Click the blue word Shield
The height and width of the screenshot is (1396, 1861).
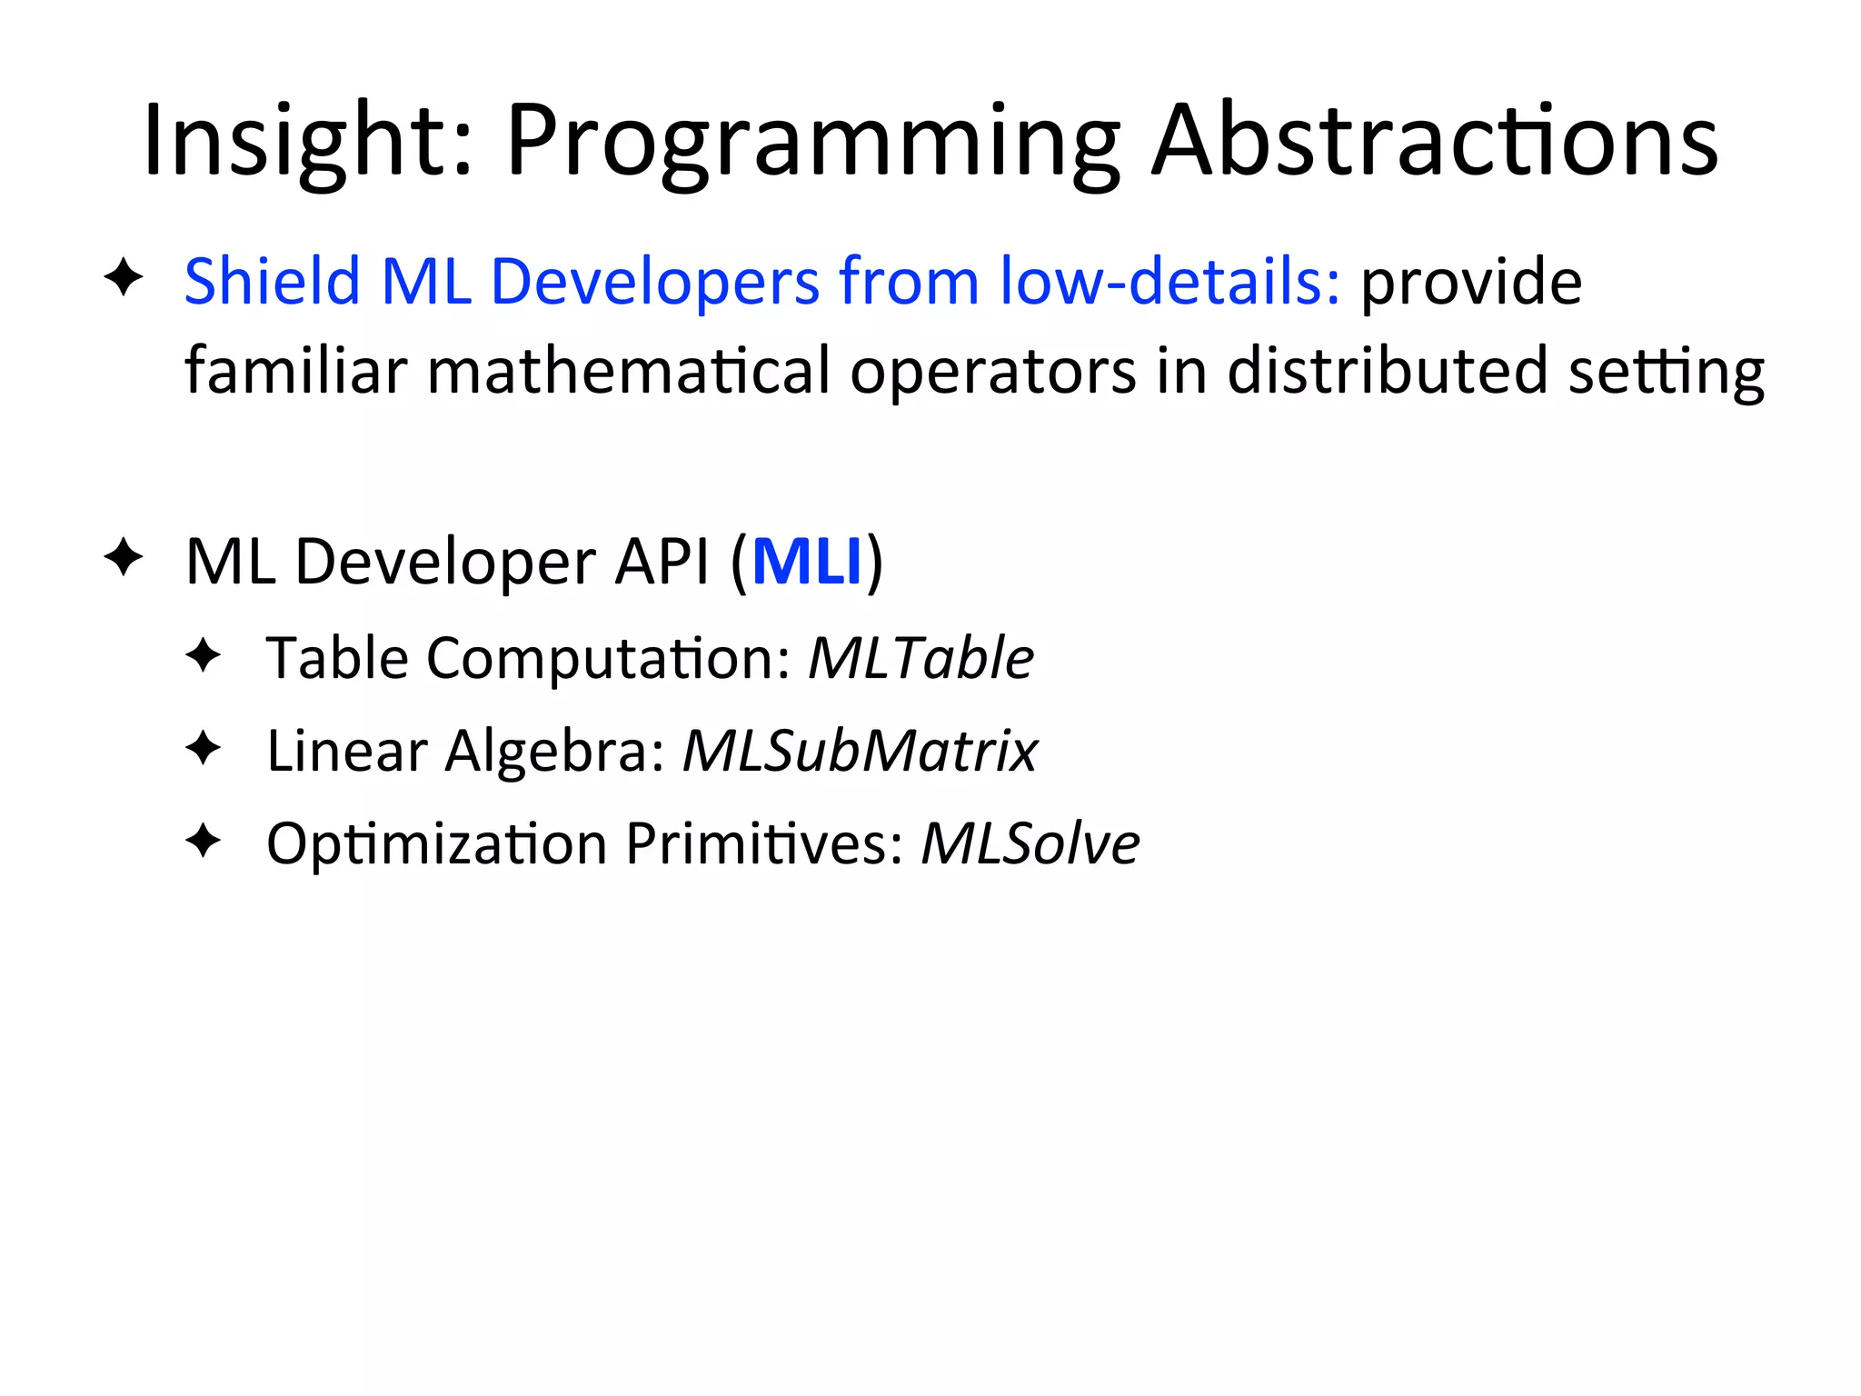(272, 281)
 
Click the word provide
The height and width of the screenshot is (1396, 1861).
(1471, 283)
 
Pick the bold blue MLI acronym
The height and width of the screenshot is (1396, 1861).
(807, 562)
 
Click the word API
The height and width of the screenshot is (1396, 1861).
(662, 562)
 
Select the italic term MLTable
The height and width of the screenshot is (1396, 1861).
(921, 658)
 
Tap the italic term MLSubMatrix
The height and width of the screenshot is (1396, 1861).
(860, 752)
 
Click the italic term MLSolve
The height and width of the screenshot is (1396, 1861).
(1030, 844)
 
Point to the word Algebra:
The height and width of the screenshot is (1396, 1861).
(554, 752)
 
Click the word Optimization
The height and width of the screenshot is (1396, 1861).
(436, 844)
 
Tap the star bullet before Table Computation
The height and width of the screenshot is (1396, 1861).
(203, 654)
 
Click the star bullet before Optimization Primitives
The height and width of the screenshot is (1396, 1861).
(203, 841)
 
